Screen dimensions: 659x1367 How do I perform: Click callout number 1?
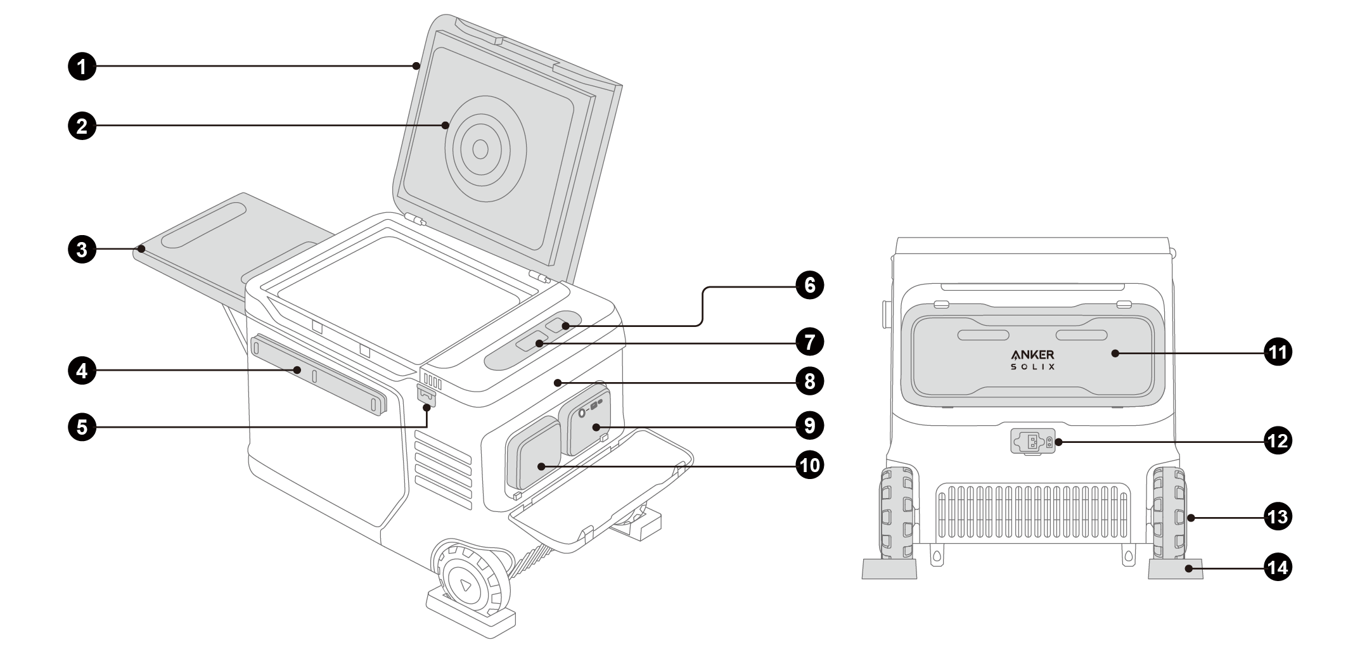point(82,66)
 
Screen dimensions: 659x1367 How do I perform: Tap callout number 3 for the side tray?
point(82,249)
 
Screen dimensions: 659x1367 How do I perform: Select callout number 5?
point(82,426)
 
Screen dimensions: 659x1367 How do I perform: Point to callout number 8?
point(810,381)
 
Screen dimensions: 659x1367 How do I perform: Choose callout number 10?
point(810,466)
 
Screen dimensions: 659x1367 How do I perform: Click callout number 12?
point(1278,440)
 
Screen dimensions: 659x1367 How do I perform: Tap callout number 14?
point(1278,567)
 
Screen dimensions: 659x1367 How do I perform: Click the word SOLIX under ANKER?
point(1033,367)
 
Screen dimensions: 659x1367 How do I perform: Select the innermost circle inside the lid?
point(480,150)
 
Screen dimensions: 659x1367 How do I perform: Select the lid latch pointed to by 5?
point(427,395)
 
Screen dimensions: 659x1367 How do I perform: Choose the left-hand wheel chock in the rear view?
point(889,568)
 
